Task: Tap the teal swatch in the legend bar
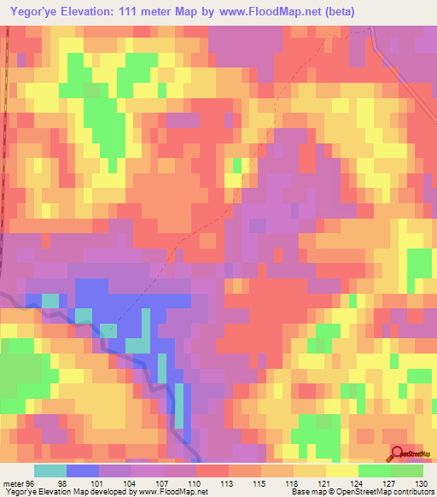tap(50, 471)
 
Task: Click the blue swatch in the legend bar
tap(83, 471)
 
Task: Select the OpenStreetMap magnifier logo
tap(398, 454)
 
